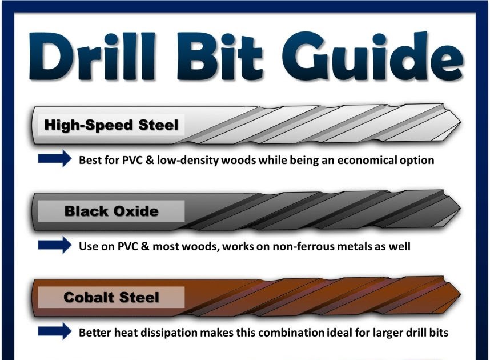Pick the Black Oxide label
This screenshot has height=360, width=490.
[111, 211]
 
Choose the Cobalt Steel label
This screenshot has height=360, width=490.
[111, 297]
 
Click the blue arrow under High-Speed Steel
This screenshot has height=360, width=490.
[54, 159]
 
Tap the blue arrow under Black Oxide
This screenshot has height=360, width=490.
[54, 246]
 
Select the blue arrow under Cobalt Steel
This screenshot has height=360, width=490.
[54, 331]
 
